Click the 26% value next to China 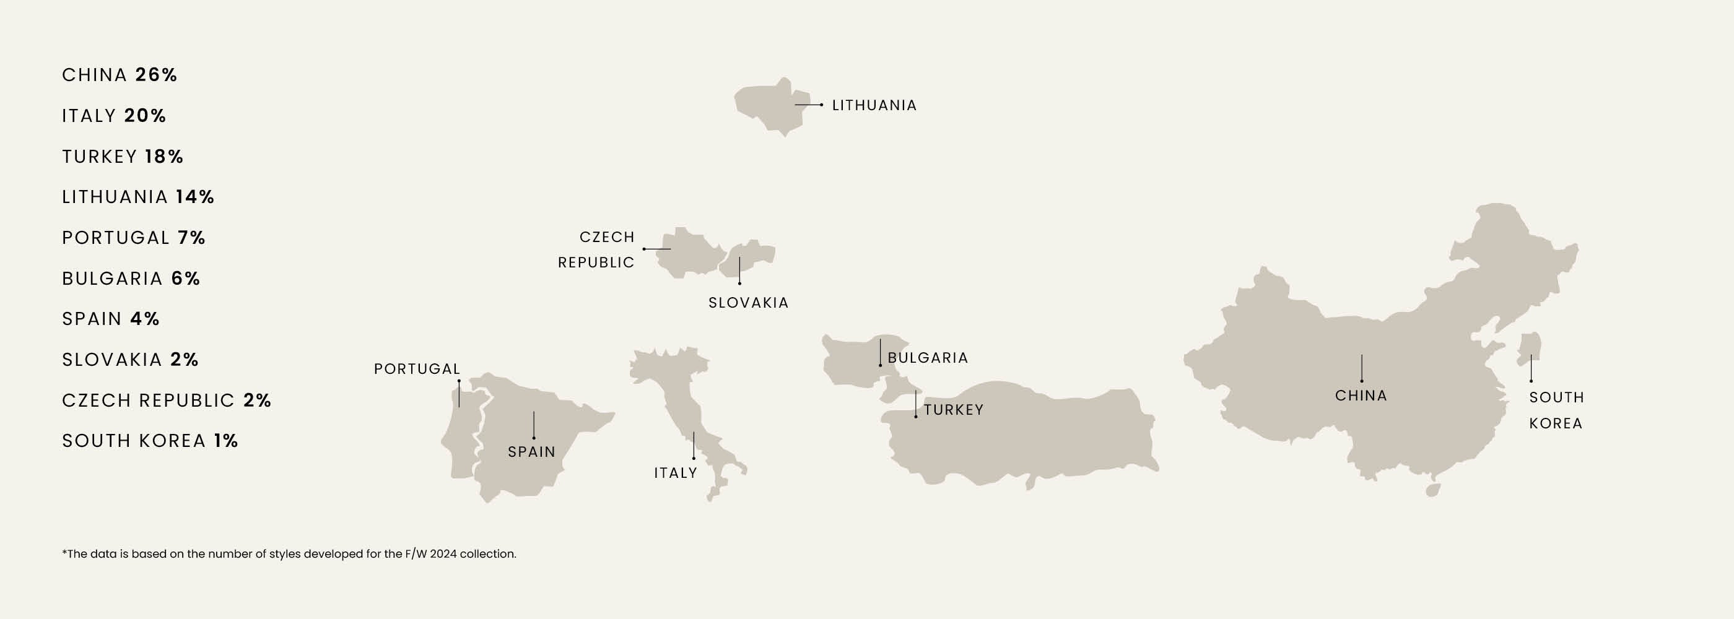[x=156, y=75]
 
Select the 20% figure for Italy [x=145, y=116]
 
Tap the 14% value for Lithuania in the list [x=194, y=197]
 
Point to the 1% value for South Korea [x=226, y=441]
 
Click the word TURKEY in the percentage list [x=100, y=157]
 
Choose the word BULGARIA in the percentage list [x=113, y=279]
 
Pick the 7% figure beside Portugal [x=191, y=238]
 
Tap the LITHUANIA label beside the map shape [x=874, y=106]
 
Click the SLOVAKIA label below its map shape [x=749, y=303]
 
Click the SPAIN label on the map [x=532, y=452]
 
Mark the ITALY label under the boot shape [x=675, y=473]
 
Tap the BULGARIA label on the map [x=928, y=358]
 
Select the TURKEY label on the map [x=953, y=410]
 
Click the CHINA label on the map [x=1361, y=396]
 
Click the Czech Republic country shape [x=690, y=254]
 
